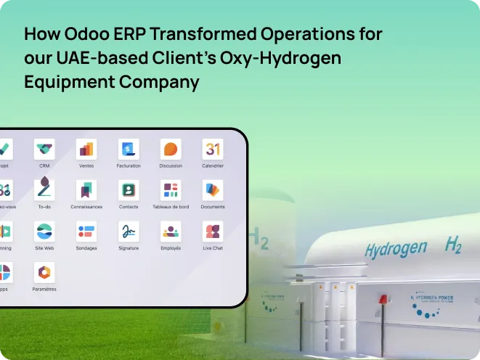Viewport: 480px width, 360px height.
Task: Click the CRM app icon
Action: tap(44, 150)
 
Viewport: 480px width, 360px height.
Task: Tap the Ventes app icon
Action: tap(86, 150)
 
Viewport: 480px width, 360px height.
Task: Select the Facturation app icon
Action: tap(129, 150)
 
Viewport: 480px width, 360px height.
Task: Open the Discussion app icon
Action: tap(171, 150)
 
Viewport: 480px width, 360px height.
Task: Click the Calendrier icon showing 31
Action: tap(213, 150)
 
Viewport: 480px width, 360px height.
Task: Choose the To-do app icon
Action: tap(44, 190)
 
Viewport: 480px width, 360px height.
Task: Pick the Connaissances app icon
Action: tap(86, 190)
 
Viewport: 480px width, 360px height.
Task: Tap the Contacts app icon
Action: tap(129, 190)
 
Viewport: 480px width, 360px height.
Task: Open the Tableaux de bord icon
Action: tap(171, 190)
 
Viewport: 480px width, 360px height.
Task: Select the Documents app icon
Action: tap(213, 190)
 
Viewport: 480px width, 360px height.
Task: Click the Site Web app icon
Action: tap(44, 232)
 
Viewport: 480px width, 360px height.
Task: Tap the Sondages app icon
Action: tap(86, 232)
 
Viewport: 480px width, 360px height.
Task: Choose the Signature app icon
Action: tap(129, 232)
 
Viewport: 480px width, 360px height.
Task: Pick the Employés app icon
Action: tap(171, 232)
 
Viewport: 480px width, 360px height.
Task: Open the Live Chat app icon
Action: tap(213, 232)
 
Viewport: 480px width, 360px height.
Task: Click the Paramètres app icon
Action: tap(44, 273)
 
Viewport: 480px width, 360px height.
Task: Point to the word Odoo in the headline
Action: tap(84, 34)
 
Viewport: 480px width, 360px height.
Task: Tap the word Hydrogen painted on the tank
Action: tap(396, 249)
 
